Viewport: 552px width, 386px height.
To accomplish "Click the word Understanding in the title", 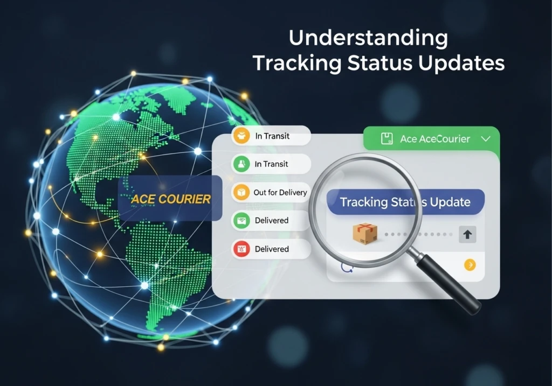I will pyautogui.click(x=368, y=38).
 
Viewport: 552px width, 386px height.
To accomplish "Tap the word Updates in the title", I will pyautogui.click(x=463, y=63).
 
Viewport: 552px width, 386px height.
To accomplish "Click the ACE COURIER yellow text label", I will pyautogui.click(x=171, y=199).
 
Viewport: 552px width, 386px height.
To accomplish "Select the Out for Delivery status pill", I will pyautogui.click(x=271, y=192).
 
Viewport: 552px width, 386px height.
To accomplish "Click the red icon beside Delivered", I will pyautogui.click(x=240, y=249).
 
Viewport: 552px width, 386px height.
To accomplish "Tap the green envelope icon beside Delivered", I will pyautogui.click(x=240, y=220).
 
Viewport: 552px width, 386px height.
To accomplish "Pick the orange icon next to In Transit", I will pyautogui.click(x=240, y=136).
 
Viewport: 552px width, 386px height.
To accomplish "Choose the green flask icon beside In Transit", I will pyautogui.click(x=240, y=164).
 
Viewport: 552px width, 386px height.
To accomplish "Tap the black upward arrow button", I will pyautogui.click(x=467, y=235).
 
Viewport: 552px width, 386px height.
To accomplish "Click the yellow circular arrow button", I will pyautogui.click(x=470, y=264).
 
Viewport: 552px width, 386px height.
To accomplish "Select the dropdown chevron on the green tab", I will pyautogui.click(x=485, y=139).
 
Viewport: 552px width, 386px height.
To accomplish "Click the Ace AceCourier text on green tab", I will pyautogui.click(x=435, y=139).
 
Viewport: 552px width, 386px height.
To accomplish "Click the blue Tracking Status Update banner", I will pyautogui.click(x=406, y=202).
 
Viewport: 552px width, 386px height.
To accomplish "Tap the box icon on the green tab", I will pyautogui.click(x=387, y=139).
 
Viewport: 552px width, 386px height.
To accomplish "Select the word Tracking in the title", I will pyautogui.click(x=296, y=63).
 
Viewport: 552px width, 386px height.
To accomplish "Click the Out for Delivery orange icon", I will pyautogui.click(x=240, y=192).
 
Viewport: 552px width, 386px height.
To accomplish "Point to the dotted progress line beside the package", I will pyautogui.click(x=418, y=235).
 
